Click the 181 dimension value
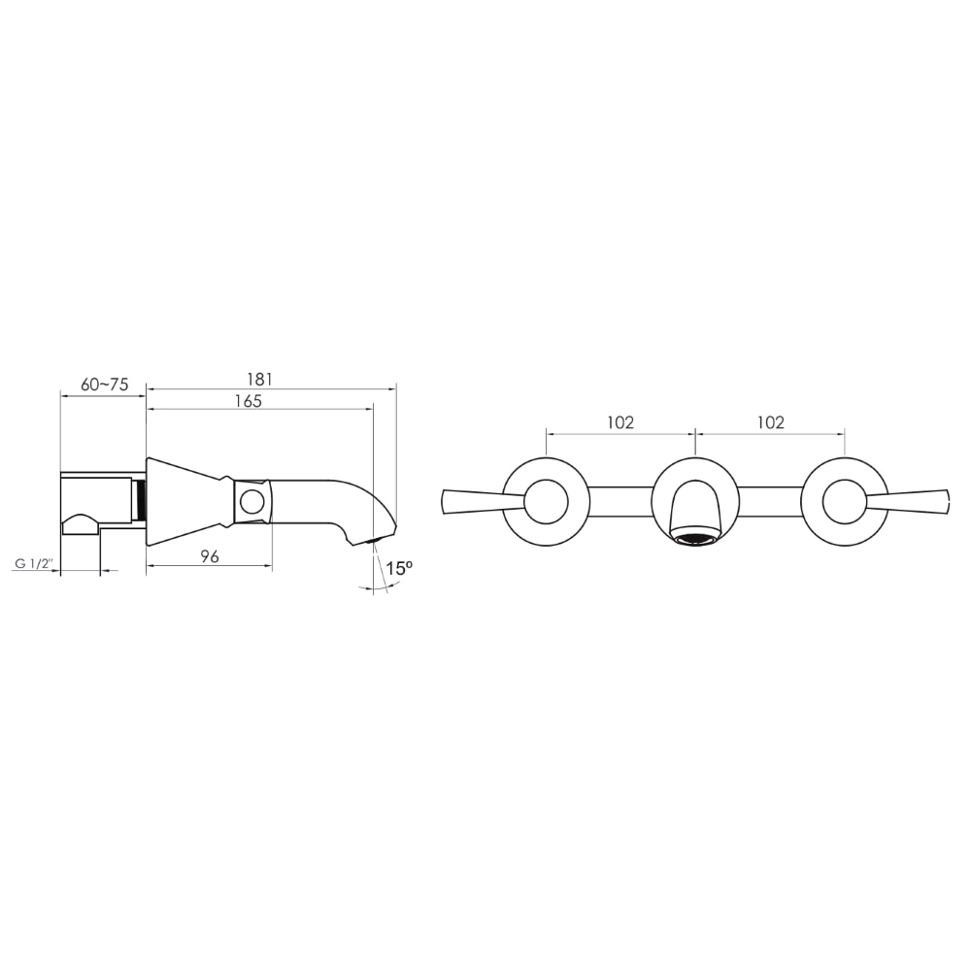(x=260, y=379)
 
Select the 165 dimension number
(x=249, y=401)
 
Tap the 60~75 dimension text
(x=105, y=385)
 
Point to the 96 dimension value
(x=210, y=556)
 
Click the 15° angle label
(x=399, y=568)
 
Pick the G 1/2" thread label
(x=35, y=564)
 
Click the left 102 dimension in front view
(x=620, y=422)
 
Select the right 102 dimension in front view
(x=770, y=422)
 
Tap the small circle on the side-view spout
(x=252, y=502)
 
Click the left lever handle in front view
(x=483, y=502)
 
